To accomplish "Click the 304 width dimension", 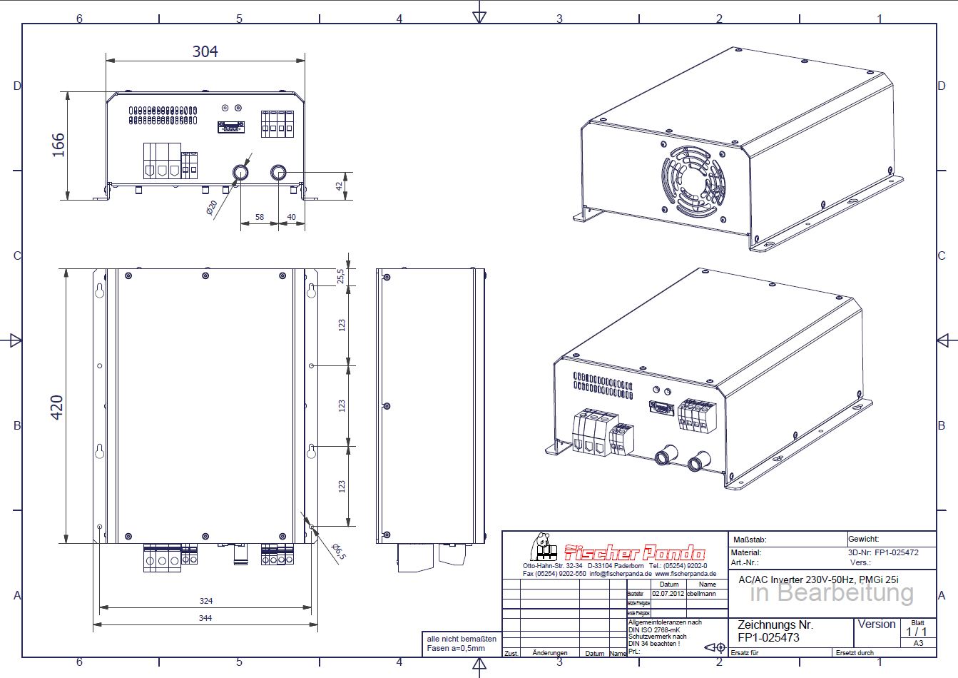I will coord(205,51).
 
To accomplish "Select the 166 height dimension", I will coord(58,145).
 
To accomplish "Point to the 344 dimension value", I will coord(205,618).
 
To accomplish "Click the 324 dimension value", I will coord(205,601).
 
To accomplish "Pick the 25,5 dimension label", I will coord(341,275).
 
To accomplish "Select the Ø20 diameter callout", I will coord(212,208).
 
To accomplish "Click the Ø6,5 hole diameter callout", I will coord(339,551).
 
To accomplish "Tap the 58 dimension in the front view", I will coord(259,216).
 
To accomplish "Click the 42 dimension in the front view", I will coord(340,186).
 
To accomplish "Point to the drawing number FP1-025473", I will coord(768,637).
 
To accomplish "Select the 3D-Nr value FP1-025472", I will coord(897,552).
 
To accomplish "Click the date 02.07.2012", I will coord(668,593).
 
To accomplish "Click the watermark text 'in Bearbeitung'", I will coord(832,592).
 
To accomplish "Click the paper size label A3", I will coord(917,643).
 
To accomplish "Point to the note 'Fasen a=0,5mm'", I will coord(456,648).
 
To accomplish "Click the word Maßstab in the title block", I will coord(750,540).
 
